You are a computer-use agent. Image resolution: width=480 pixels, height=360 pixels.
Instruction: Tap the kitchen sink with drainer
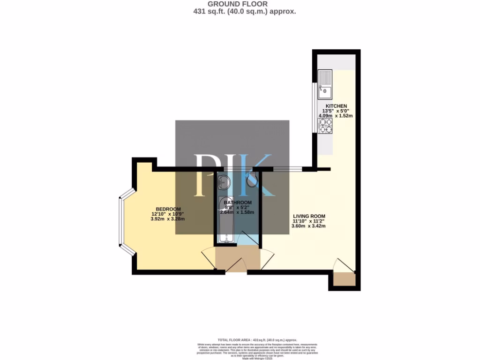[325, 83]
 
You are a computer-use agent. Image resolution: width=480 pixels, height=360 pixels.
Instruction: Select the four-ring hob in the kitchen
[325, 126]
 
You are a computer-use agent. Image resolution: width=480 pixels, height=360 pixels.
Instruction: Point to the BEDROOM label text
[168, 209]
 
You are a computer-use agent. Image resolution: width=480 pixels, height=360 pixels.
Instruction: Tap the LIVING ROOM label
[308, 216]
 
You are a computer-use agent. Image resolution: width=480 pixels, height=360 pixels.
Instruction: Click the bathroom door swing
[247, 238]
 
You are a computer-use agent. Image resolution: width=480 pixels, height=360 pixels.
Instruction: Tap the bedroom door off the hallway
[208, 258]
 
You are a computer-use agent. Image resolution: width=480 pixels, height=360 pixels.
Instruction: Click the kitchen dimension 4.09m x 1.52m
[335, 115]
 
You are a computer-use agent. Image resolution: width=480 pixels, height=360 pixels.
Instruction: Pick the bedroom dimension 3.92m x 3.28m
[168, 218]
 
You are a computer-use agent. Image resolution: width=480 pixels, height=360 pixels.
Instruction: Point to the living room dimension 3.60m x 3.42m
[308, 225]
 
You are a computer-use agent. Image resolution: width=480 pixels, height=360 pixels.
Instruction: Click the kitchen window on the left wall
[314, 108]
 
